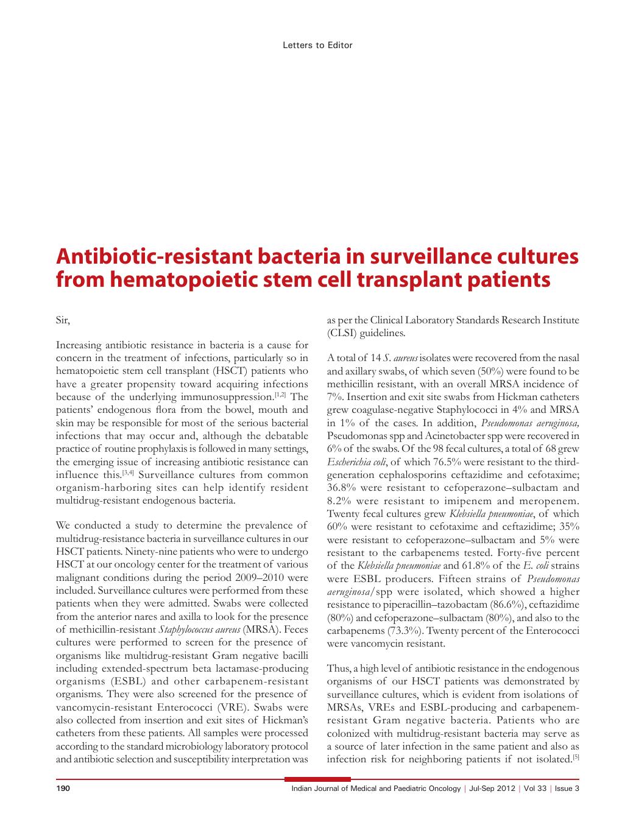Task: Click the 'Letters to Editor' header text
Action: (317, 45)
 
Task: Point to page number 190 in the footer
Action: (63, 789)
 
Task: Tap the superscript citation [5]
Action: (576, 757)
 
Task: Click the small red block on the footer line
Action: (317, 779)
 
